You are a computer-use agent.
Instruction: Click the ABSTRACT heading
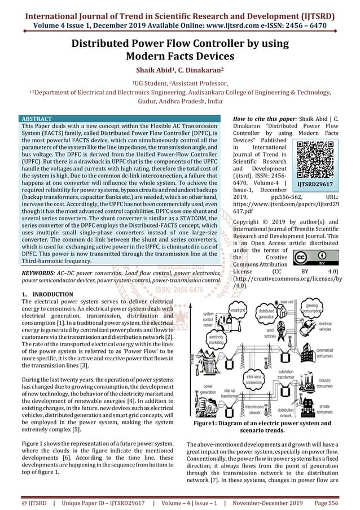[x=36, y=119]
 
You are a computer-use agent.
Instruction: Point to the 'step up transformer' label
[x=229, y=393]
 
